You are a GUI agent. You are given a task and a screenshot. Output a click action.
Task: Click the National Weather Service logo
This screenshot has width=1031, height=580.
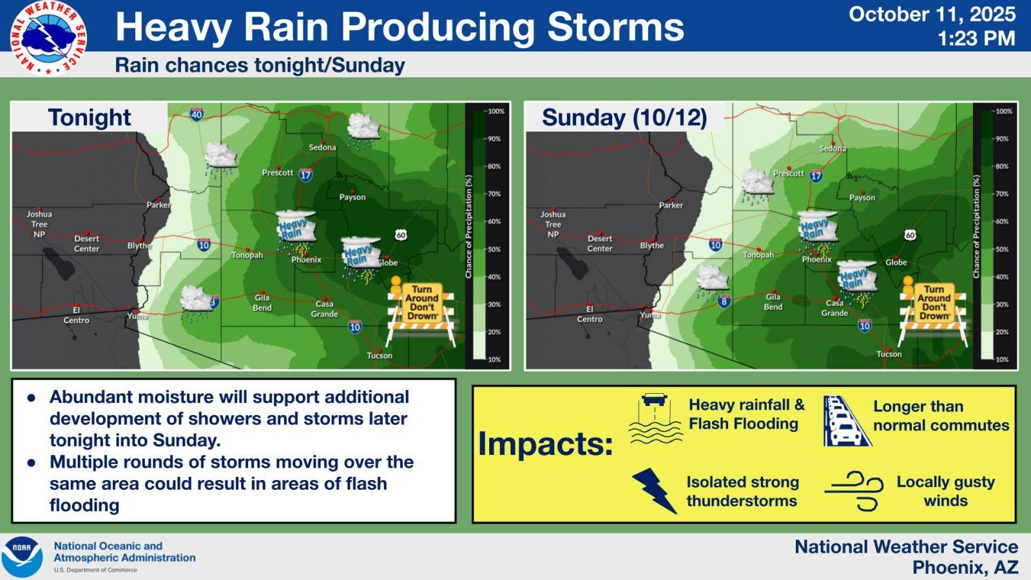click(48, 38)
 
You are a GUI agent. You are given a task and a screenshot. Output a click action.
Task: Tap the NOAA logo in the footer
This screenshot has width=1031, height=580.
click(22, 557)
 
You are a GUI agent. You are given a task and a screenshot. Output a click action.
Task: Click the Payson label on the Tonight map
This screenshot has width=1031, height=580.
click(352, 197)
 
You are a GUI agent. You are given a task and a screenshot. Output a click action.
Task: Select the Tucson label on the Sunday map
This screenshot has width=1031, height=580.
click(889, 354)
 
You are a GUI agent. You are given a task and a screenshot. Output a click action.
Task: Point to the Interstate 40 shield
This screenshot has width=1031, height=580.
click(197, 113)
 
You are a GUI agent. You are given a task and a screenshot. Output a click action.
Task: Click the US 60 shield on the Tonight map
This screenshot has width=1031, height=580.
click(401, 235)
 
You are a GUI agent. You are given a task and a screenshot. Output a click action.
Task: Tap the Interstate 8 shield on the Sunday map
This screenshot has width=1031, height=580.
click(724, 302)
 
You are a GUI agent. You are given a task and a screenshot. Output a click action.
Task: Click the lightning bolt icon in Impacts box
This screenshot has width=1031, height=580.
click(654, 490)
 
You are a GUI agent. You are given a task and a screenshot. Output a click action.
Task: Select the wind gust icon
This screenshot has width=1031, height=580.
click(854, 491)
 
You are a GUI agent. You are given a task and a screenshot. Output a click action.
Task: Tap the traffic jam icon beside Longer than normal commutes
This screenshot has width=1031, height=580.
click(847, 421)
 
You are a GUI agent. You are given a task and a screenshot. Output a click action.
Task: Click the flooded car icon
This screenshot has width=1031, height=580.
click(655, 419)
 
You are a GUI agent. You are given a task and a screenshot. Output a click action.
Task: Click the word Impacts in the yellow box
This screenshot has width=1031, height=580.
click(546, 444)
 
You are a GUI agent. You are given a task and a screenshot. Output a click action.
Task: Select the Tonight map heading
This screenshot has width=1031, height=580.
click(90, 117)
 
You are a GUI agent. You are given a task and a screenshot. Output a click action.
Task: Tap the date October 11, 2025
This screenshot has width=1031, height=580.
click(932, 14)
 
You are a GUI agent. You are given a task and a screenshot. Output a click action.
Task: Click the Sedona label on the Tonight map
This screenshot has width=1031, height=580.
click(322, 148)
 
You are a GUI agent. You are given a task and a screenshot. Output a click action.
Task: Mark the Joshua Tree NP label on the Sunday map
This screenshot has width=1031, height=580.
click(554, 224)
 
